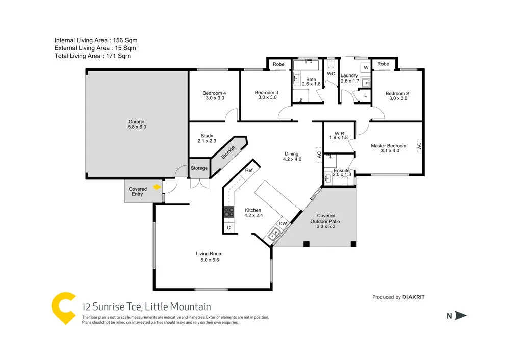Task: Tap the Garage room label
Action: (136, 124)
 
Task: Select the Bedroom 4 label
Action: (214, 95)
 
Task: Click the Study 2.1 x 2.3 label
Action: (207, 138)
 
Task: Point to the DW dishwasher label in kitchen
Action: (282, 224)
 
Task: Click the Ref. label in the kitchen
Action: (249, 170)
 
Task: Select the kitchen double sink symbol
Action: (274, 235)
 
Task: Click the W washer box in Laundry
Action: (366, 67)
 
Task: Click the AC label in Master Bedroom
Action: (419, 145)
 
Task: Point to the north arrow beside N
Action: (461, 316)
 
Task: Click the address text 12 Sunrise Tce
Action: (112, 306)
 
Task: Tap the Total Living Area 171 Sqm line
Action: (92, 56)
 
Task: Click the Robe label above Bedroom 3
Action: (278, 64)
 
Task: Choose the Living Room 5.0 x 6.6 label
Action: (209, 256)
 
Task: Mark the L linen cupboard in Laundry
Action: (365, 95)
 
